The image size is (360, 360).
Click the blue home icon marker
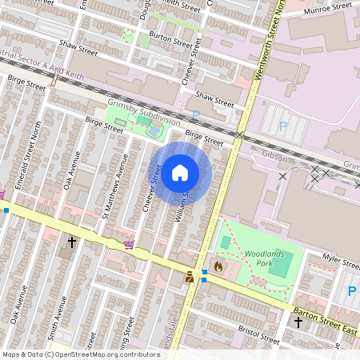pos(180,173)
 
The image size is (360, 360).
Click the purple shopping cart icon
pos(129,244)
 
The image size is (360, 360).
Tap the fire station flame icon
pos(218,265)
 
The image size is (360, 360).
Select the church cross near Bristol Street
pos(298,322)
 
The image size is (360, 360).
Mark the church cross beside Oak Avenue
pos(71,241)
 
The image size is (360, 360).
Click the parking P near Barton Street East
pos(351,291)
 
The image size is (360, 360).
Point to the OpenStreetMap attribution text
pos(70,354)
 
